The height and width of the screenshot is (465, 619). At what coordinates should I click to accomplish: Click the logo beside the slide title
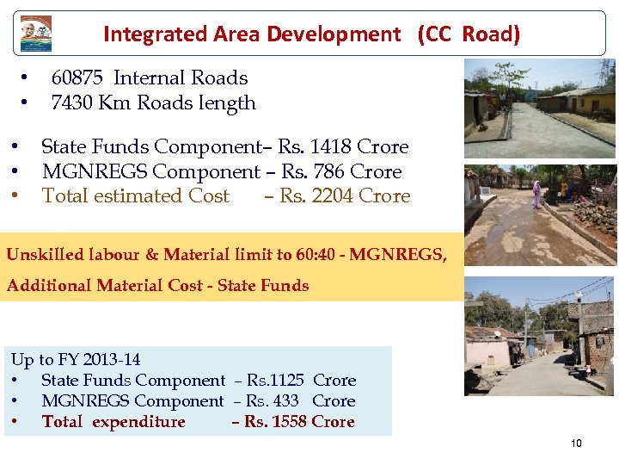(x=36, y=33)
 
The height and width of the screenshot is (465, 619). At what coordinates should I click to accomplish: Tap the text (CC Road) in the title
(x=469, y=34)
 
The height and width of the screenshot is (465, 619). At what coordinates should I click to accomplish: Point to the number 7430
(x=71, y=103)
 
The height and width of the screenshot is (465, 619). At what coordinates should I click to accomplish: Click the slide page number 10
(x=575, y=443)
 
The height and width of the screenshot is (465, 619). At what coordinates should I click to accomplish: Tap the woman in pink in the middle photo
(x=537, y=195)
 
